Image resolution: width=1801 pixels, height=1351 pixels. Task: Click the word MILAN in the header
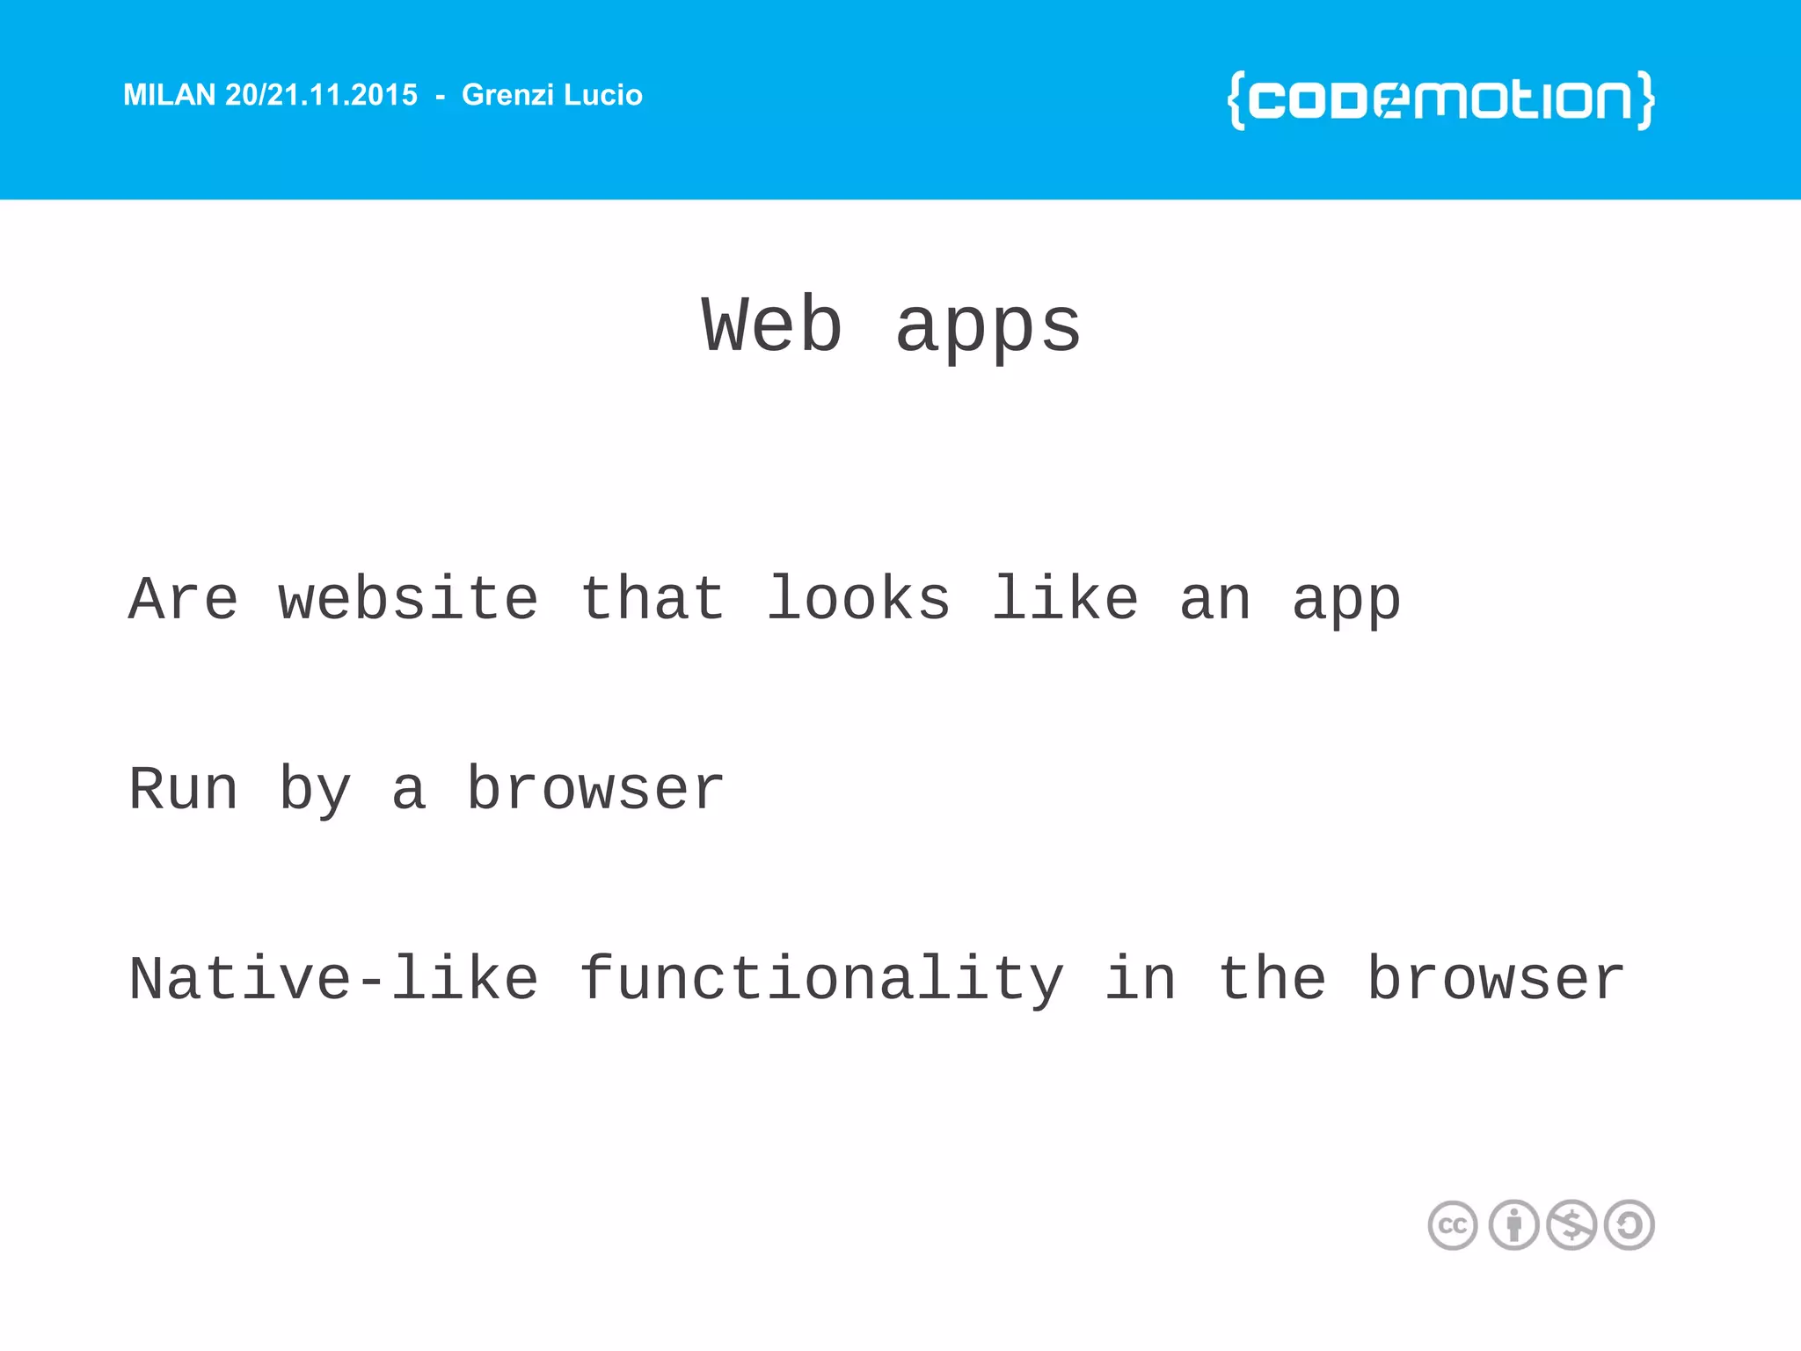pyautogui.click(x=169, y=95)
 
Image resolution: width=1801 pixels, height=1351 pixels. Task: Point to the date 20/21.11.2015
pyautogui.click(x=321, y=95)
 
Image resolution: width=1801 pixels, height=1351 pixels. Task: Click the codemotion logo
pyautogui.click(x=1440, y=100)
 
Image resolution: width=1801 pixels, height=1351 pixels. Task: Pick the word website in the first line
pyautogui.click(x=408, y=600)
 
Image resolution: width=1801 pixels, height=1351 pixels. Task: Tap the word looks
pyautogui.click(x=858, y=600)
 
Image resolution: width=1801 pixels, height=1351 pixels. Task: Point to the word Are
pyautogui.click(x=183, y=600)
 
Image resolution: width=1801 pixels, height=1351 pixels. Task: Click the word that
pyautogui.click(x=653, y=600)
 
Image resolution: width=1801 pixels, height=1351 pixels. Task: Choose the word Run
pyautogui.click(x=183, y=790)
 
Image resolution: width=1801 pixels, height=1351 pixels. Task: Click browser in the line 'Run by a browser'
pyautogui.click(x=595, y=790)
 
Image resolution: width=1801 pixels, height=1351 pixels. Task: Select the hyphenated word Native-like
pyautogui.click(x=333, y=980)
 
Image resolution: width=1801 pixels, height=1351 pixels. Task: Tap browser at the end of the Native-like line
pyautogui.click(x=1496, y=980)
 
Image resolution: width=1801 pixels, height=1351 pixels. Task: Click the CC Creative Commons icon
pyautogui.click(x=1453, y=1225)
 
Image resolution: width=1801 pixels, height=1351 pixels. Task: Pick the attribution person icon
pyautogui.click(x=1513, y=1225)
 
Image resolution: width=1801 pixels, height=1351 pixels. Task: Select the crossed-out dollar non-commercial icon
pyautogui.click(x=1571, y=1225)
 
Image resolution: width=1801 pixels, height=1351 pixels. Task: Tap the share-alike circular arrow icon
pyautogui.click(x=1630, y=1225)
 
